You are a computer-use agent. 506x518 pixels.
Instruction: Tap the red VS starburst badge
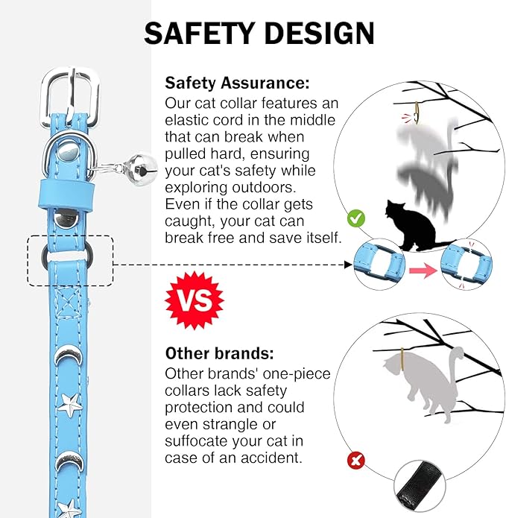(x=195, y=300)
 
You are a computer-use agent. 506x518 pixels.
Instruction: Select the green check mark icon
(x=356, y=218)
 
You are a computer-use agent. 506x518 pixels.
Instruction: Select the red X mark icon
(x=356, y=460)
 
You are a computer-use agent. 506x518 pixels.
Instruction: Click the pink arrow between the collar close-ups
(x=423, y=271)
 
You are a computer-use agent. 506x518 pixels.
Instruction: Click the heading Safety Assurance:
(x=237, y=83)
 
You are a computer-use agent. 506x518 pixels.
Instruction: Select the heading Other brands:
(x=220, y=353)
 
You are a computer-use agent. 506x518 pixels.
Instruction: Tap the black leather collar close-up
(x=420, y=486)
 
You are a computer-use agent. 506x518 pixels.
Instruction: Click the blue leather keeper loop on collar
(x=66, y=195)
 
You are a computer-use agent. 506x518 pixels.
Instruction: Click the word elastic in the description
(x=186, y=120)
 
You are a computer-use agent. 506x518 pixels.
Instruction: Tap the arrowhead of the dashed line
(x=349, y=265)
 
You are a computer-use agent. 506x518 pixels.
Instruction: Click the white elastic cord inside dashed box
(x=67, y=256)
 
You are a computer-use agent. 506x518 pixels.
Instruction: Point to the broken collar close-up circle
(x=467, y=265)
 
